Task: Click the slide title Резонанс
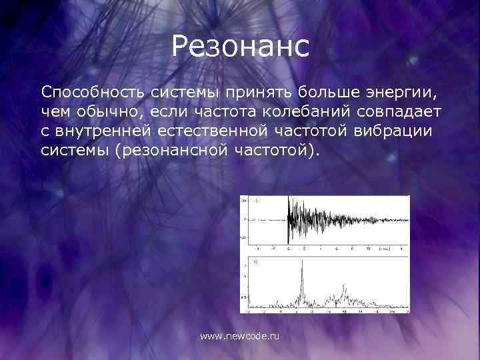(240, 47)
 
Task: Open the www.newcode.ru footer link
(240, 337)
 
